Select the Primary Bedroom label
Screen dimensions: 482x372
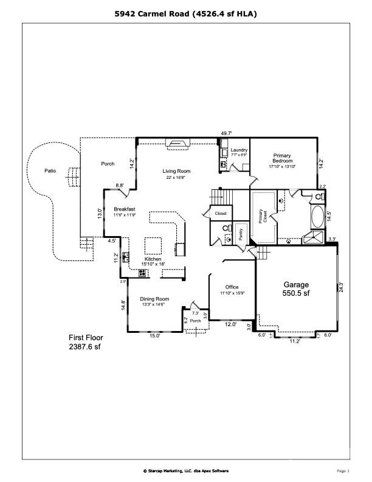283,160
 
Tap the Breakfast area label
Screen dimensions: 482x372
124,211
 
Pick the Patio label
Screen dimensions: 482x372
50,171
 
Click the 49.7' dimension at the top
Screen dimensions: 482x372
227,133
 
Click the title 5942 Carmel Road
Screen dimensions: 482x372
186,13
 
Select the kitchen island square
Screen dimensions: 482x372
153,246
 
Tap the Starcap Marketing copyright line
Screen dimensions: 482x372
185,470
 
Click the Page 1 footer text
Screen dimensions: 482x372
343,470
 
